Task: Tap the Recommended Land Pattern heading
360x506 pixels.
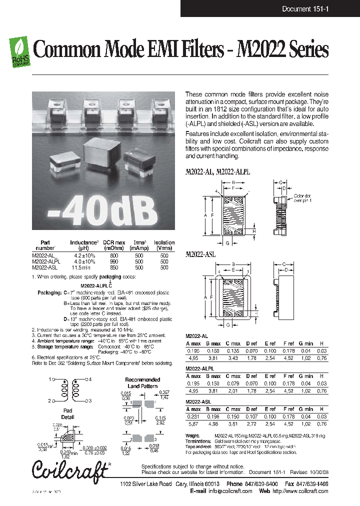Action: [x=142, y=383]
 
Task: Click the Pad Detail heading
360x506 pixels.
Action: [x=67, y=413]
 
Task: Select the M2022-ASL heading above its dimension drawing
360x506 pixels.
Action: [x=200, y=254]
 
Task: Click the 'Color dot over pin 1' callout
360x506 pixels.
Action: [x=302, y=197]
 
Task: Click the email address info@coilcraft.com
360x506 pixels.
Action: [x=226, y=491]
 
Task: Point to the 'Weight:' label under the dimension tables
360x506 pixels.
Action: [x=192, y=436]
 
